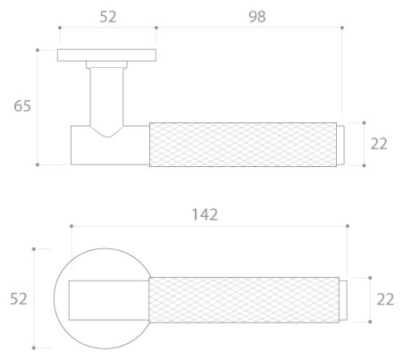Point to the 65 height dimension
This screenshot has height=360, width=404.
point(21,106)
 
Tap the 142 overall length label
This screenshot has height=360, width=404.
point(205,214)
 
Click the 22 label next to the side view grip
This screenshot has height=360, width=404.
point(379,143)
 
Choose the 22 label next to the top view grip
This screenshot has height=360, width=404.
point(385,300)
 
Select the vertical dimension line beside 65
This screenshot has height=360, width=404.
point(38,106)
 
